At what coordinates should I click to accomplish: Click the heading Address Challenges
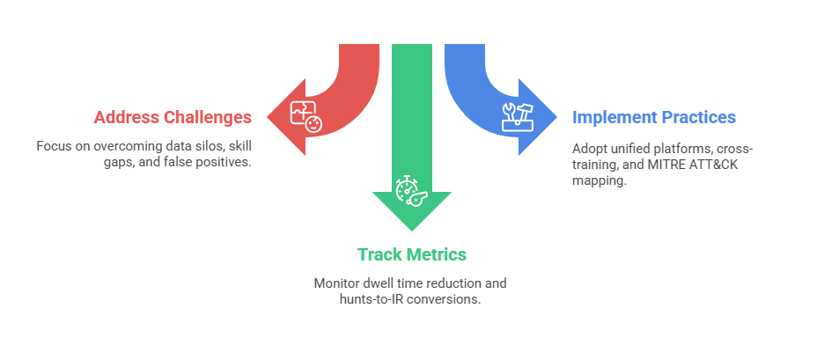173,117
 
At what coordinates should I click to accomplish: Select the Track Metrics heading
411,254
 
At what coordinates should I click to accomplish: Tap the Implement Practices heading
653,117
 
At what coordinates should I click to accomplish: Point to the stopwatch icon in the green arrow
410,191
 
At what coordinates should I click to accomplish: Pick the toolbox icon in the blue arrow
516,116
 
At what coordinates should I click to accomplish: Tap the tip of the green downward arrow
411,230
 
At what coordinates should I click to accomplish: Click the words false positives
209,162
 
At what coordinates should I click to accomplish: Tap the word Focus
54,145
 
